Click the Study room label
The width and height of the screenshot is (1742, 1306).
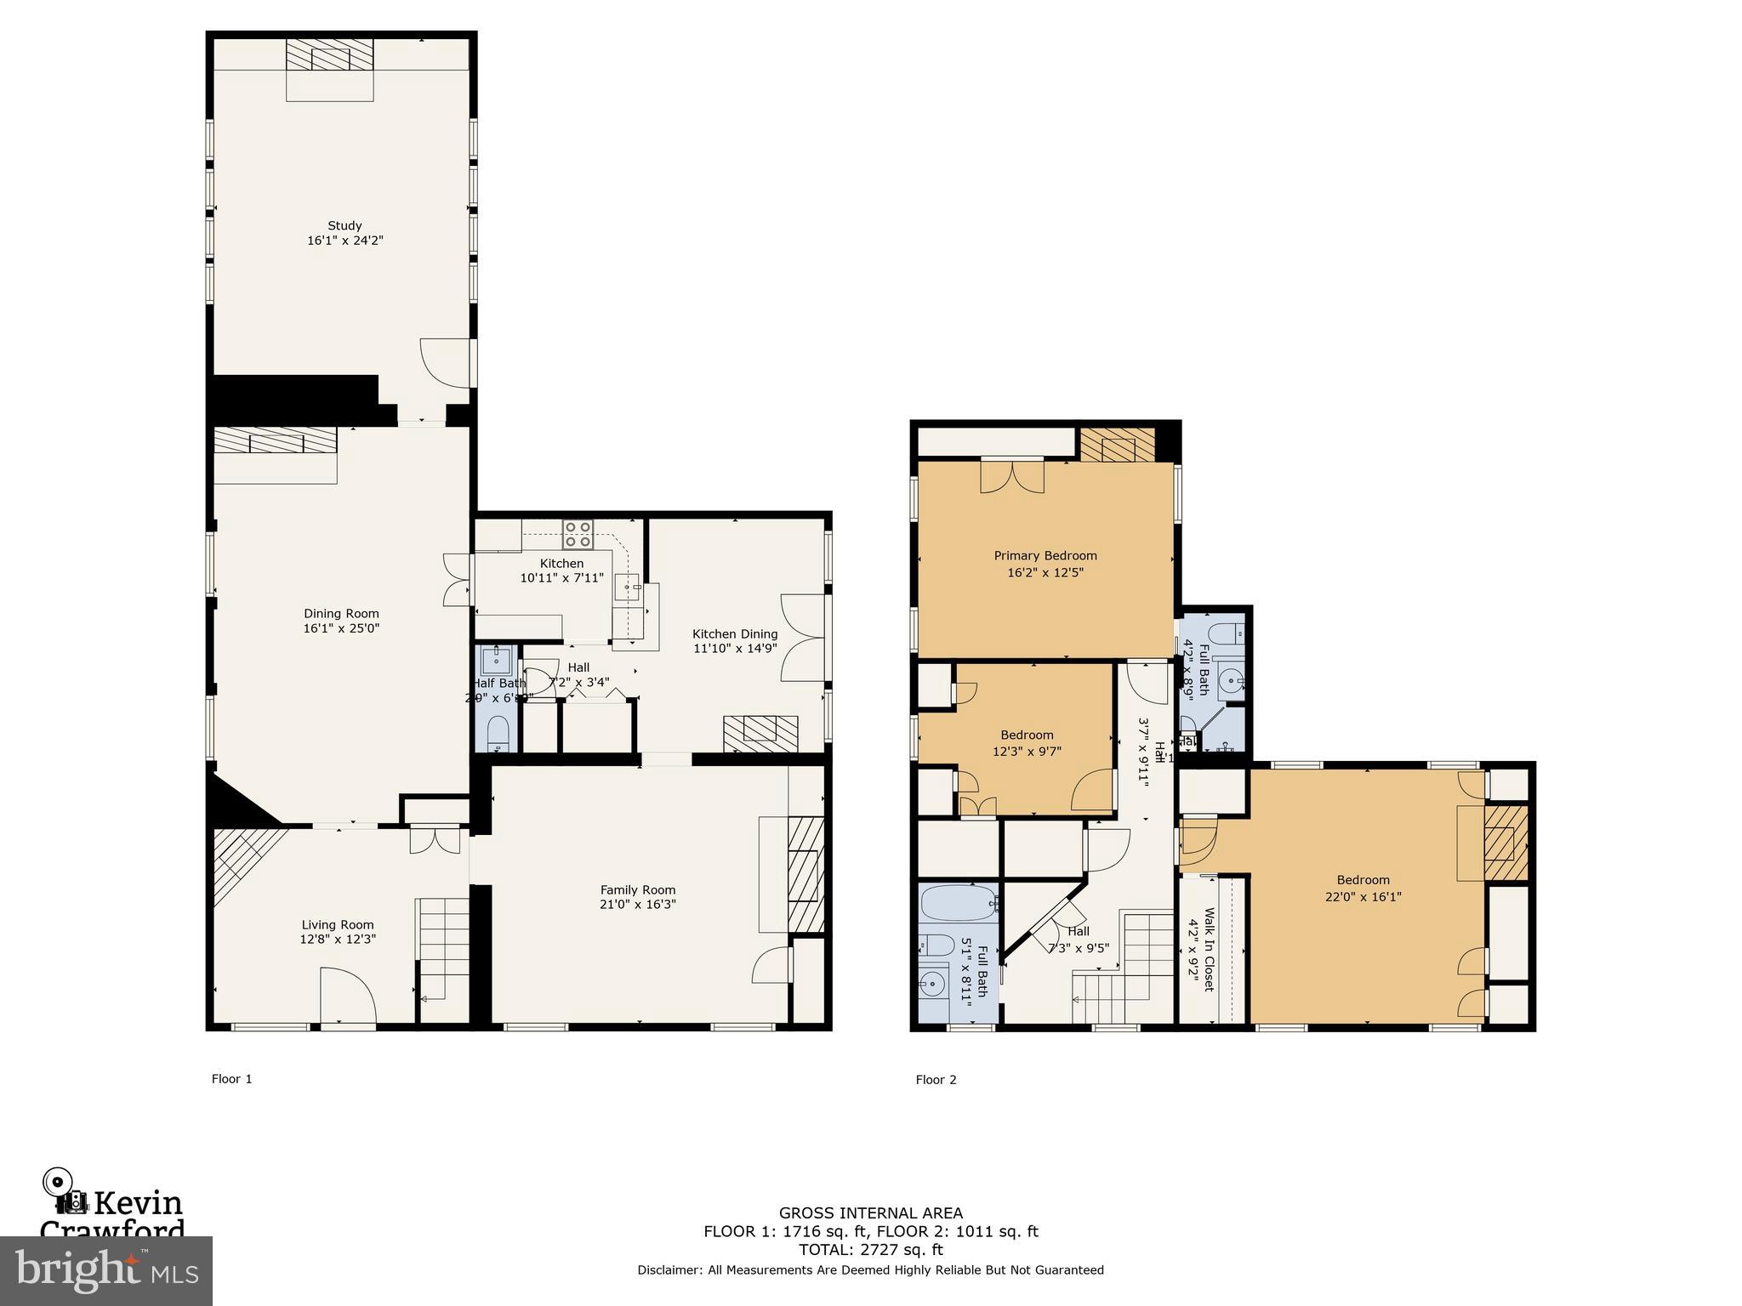(x=344, y=225)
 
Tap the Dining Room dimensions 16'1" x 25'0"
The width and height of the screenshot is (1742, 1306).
(x=341, y=628)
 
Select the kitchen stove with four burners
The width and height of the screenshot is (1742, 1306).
(x=578, y=533)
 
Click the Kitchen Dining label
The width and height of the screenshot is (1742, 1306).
(x=734, y=633)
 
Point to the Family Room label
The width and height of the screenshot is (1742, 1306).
(x=638, y=889)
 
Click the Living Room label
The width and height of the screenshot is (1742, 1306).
(x=338, y=924)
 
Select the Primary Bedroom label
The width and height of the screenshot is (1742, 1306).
(x=1045, y=555)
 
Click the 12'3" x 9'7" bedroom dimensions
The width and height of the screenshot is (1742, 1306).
(x=1027, y=751)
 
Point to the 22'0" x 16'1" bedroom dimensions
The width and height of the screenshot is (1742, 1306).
(x=1363, y=896)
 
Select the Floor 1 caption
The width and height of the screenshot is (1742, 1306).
(x=231, y=1079)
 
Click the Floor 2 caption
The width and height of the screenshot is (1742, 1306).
(x=936, y=1080)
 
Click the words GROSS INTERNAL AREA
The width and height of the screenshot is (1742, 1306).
(x=870, y=1213)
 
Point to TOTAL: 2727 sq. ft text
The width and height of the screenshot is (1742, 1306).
(x=870, y=1249)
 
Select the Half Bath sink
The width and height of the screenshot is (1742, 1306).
(x=496, y=660)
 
